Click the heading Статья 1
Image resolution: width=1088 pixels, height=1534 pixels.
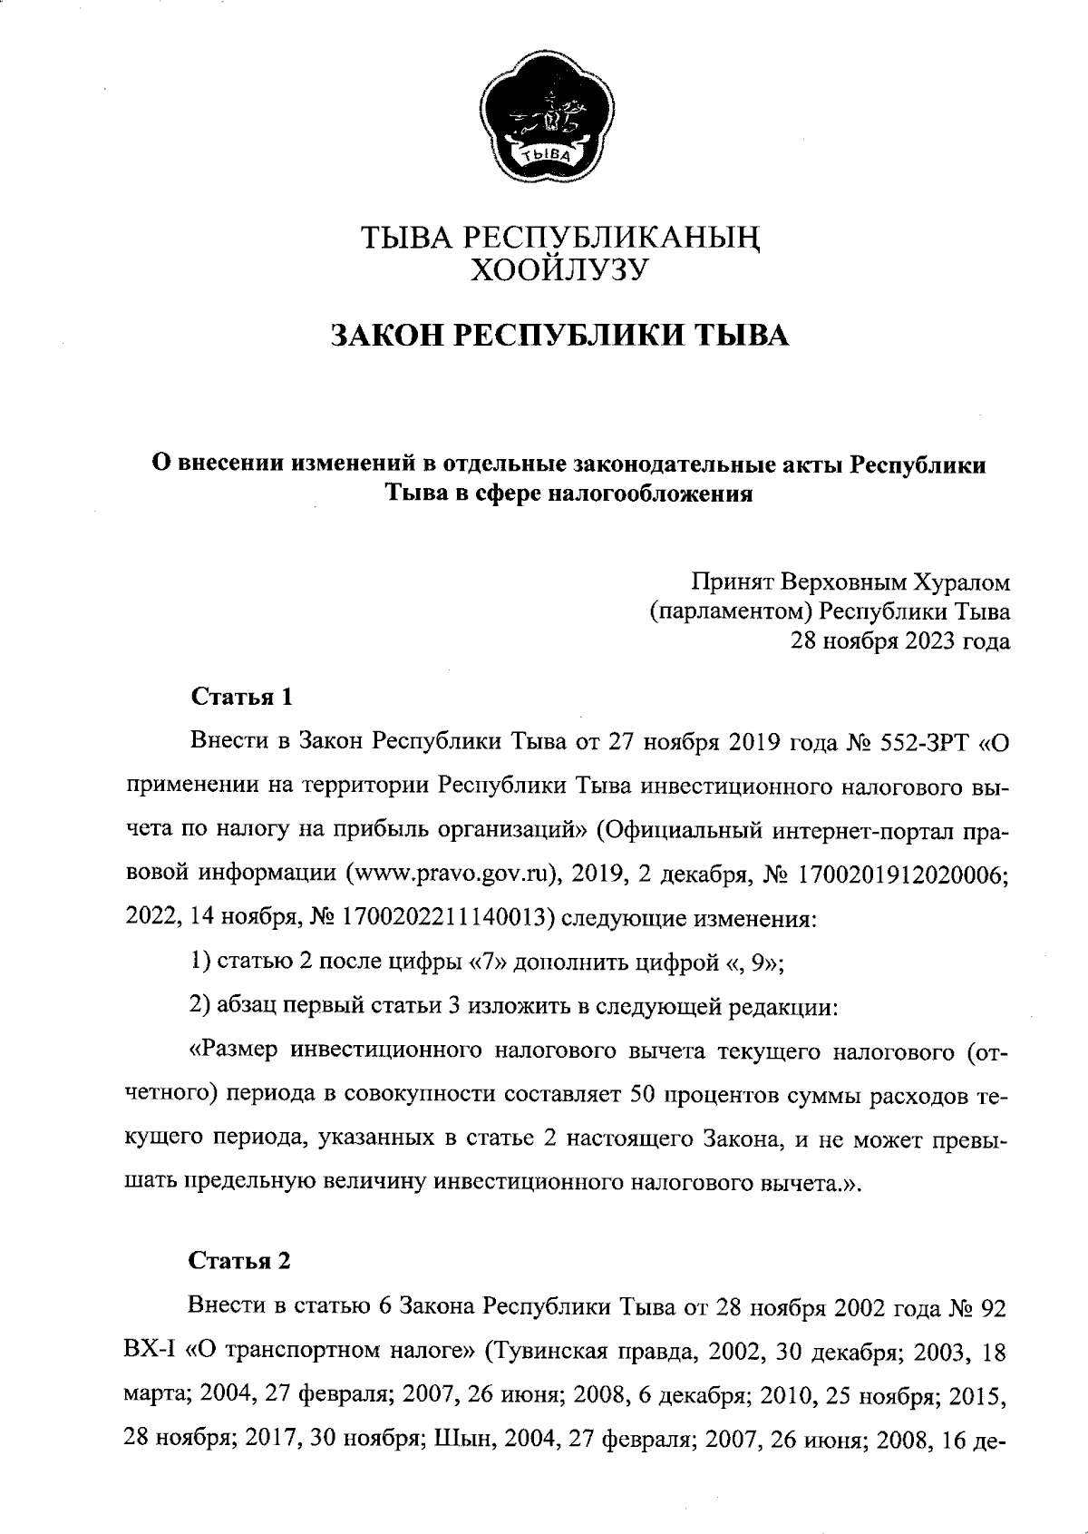(x=242, y=698)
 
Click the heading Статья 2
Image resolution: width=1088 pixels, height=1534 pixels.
(x=240, y=1261)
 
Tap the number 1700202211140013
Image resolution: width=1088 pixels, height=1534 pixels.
(x=446, y=919)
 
